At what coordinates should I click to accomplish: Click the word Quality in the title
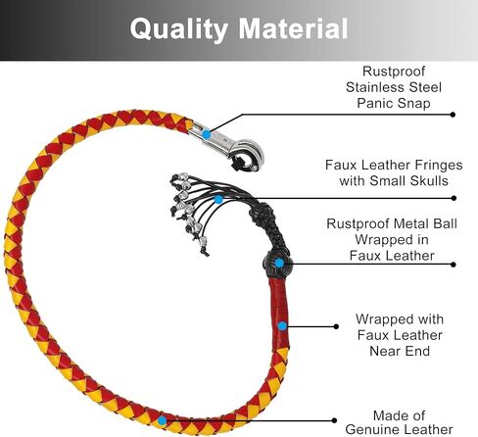click(x=179, y=30)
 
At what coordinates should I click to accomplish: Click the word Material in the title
click(x=293, y=28)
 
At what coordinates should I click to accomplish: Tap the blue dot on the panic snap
click(x=206, y=133)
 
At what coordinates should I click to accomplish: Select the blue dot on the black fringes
click(x=218, y=199)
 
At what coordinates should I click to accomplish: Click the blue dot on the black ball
click(x=279, y=263)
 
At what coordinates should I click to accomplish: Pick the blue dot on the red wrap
click(x=282, y=325)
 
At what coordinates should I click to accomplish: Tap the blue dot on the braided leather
click(x=162, y=420)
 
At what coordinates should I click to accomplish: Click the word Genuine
click(x=372, y=429)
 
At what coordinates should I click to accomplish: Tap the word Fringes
click(x=438, y=166)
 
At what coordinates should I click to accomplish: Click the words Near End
click(x=400, y=351)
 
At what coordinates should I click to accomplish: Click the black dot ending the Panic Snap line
click(x=453, y=115)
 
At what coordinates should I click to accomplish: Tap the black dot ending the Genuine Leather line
click(x=334, y=420)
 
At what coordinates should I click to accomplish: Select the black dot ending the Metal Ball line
click(x=454, y=265)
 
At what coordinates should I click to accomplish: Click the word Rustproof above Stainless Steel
click(x=394, y=72)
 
